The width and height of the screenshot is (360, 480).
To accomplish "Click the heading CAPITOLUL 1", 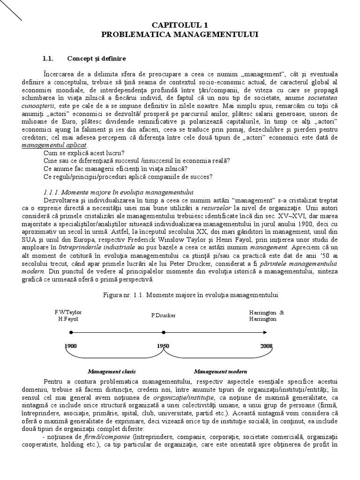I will point(180,25).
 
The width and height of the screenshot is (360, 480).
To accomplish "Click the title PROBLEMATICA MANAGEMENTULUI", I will point(180,35).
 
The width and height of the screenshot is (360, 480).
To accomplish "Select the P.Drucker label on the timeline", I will point(164,315).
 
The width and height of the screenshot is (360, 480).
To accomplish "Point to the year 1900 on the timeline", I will point(71,346).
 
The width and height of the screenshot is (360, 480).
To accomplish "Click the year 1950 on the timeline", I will point(163,346).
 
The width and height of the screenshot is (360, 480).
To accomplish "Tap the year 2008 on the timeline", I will point(266,346).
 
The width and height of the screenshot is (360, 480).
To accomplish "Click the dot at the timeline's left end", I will point(71,332).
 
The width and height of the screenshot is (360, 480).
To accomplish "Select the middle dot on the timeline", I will point(163,332).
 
